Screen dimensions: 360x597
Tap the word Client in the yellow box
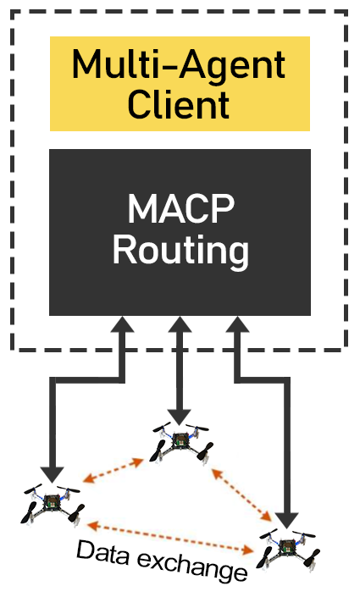[178, 104]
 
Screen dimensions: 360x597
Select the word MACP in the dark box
[180, 208]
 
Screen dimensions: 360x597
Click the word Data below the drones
[102, 553]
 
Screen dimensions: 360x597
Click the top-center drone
[182, 442]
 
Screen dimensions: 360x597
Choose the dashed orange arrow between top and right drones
[241, 495]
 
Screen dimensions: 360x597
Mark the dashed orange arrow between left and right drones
[170, 538]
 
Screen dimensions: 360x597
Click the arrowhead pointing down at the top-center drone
[179, 417]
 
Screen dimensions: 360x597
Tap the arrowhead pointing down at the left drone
[53, 474]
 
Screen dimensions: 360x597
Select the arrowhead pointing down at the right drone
[286, 520]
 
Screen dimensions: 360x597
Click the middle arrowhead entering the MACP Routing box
[179, 324]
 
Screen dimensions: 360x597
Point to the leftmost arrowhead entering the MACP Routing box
[122, 324]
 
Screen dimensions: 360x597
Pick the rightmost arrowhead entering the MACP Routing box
[237, 324]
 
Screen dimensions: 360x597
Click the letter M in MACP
[141, 208]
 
